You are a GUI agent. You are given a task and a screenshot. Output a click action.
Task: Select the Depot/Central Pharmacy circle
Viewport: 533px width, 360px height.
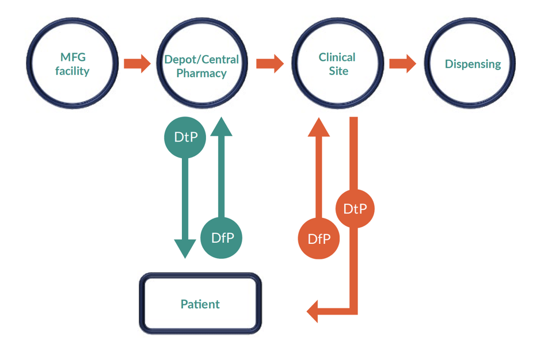201,64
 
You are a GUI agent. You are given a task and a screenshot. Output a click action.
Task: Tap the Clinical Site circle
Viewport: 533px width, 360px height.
337,64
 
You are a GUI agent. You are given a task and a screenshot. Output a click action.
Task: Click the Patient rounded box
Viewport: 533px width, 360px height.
200,304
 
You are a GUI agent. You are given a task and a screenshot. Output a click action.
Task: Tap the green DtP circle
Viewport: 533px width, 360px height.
185,137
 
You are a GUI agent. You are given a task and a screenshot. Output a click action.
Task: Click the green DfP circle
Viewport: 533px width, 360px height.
221,238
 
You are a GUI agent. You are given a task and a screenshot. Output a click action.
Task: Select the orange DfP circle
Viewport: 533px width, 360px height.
318,239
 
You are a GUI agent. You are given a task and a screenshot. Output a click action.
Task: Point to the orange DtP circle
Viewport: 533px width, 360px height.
354,208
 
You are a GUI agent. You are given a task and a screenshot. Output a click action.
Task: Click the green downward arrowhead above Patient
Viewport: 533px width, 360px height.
185,247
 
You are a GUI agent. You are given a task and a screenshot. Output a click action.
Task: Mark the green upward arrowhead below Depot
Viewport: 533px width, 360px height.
221,127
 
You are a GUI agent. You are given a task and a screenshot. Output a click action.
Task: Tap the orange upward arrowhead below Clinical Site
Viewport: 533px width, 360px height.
318,127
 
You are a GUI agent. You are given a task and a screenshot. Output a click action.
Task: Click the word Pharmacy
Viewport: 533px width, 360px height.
201,73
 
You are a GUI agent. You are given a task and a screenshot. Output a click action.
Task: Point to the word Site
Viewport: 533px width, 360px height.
338,71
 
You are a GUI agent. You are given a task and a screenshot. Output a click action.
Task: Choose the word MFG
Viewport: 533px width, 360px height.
73,57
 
